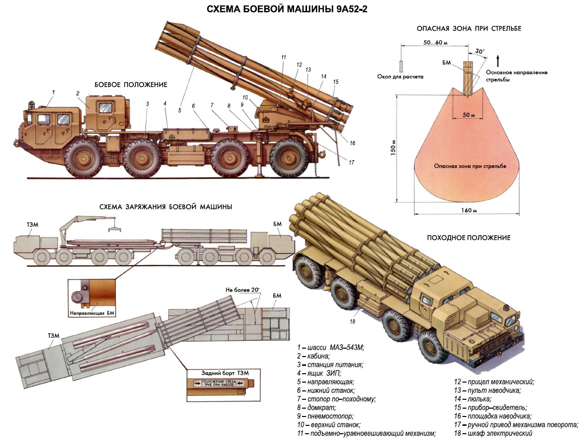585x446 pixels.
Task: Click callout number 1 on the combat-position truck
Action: pos(54,92)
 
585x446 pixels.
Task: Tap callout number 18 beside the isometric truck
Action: pos(352,322)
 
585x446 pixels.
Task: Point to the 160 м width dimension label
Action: pos(466,211)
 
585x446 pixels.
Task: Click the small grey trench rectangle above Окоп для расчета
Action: pos(401,65)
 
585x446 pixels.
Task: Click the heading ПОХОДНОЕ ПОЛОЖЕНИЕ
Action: pos(468,238)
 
